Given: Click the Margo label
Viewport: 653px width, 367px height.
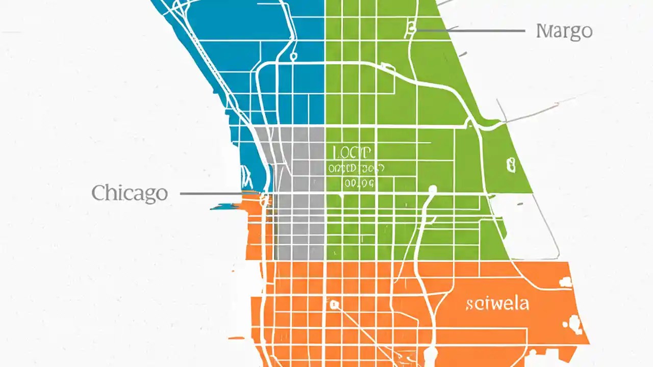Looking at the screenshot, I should point(564,31).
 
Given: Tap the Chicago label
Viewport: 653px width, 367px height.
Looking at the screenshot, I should point(130,194).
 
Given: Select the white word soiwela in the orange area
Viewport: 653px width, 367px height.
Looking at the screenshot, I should point(497,304).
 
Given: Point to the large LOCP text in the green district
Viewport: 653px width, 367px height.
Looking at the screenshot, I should point(352,152).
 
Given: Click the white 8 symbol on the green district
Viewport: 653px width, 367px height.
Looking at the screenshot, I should point(511,165).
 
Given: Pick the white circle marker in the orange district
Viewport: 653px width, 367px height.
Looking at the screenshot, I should point(334,305).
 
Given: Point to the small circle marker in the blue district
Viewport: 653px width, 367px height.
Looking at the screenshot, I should point(293,56).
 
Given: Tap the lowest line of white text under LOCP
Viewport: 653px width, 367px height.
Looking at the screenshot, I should point(359,183).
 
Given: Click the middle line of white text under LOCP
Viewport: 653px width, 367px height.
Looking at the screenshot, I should point(356,168).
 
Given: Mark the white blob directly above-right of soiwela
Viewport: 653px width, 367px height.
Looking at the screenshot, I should point(565,281).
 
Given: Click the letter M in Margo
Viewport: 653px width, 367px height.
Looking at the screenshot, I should point(544,31).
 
